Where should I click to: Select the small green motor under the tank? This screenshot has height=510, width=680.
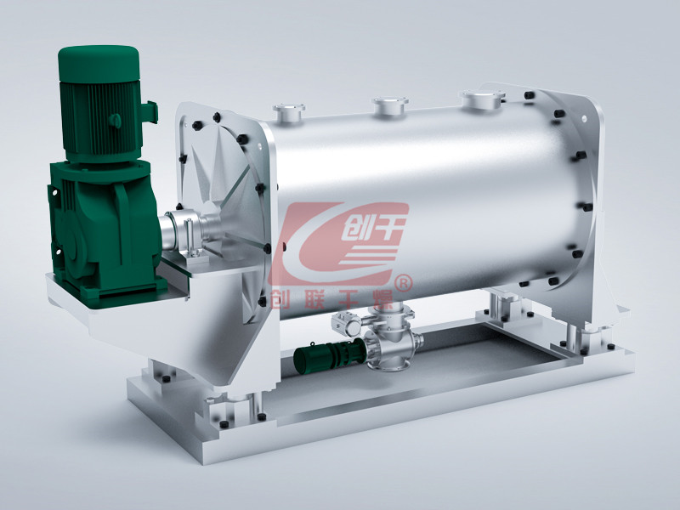(x=330, y=354)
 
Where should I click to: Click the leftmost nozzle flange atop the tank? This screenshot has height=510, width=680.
(x=288, y=110)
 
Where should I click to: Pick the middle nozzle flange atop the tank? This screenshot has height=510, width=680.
(x=390, y=104)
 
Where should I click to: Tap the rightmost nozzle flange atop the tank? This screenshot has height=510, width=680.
(x=482, y=98)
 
